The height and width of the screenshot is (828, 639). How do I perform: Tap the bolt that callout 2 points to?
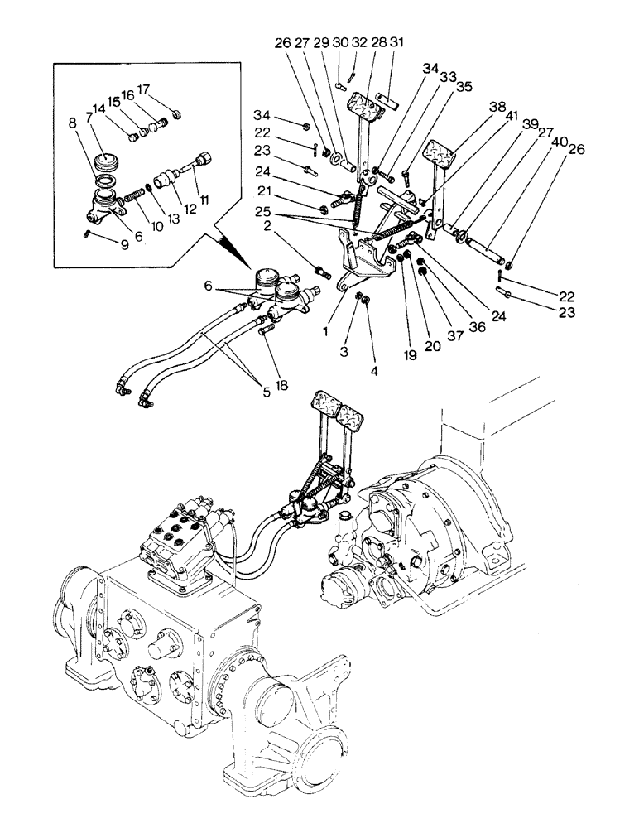pyautogui.click(x=323, y=271)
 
